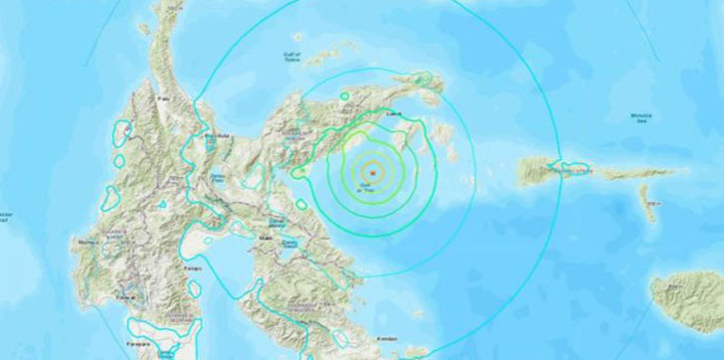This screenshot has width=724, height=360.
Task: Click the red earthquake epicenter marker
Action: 371,172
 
